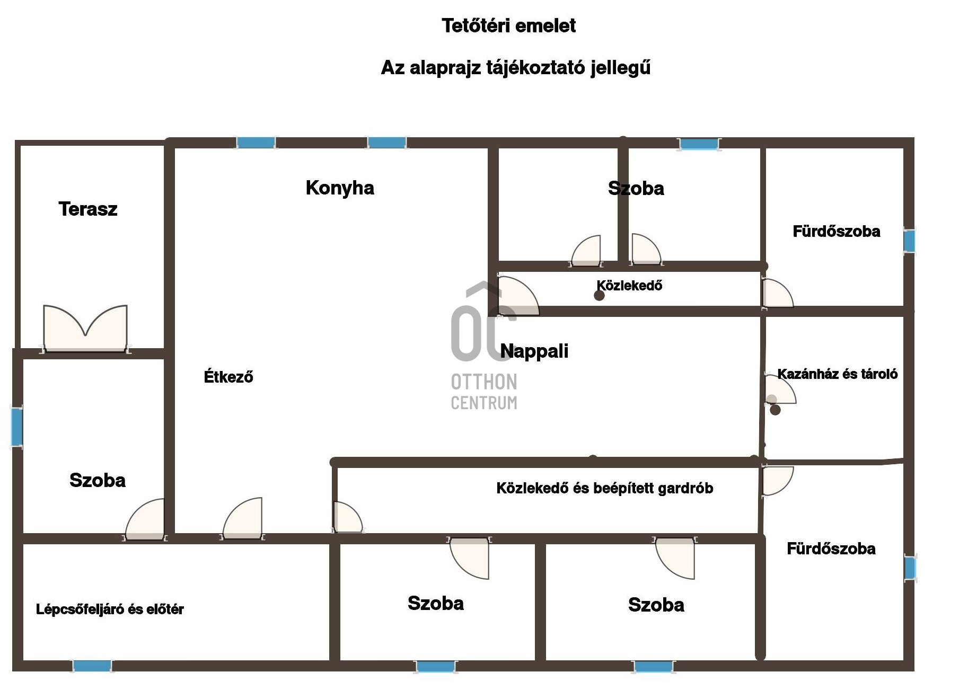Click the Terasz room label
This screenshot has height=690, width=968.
[88, 209]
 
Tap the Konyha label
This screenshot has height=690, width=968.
[340, 188]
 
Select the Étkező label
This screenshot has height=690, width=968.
[228, 377]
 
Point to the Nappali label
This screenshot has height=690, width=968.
[534, 351]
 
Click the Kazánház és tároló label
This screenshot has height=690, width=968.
[837, 374]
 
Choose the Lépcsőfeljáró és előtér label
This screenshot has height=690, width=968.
[110, 609]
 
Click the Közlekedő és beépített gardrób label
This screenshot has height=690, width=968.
[604, 488]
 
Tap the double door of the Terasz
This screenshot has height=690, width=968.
[85, 329]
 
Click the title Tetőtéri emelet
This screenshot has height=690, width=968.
[508, 25]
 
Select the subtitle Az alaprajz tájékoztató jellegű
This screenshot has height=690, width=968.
[515, 68]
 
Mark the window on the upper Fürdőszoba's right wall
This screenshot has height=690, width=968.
[909, 241]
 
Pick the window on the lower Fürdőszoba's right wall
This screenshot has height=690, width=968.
[910, 568]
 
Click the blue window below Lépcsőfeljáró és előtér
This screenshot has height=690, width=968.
[92, 666]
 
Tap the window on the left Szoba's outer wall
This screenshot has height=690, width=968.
[17, 427]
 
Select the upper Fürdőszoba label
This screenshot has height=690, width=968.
[836, 232]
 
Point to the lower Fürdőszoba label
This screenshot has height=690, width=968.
[831, 549]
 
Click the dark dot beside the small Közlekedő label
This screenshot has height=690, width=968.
[599, 296]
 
